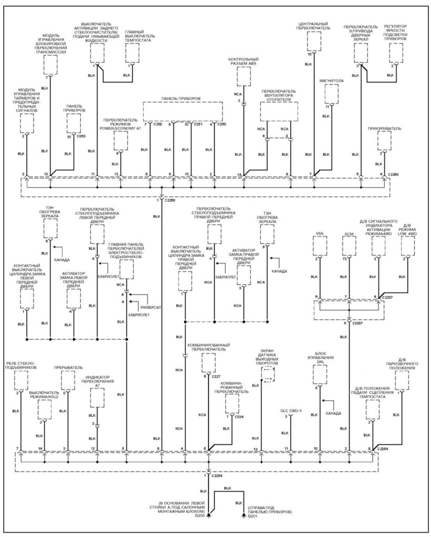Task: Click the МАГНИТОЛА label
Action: (x=331, y=81)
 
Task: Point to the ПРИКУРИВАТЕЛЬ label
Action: (x=384, y=127)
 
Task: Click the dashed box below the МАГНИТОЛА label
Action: (x=331, y=94)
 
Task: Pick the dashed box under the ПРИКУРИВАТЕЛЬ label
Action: (x=384, y=139)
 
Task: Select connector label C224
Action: (x=240, y=416)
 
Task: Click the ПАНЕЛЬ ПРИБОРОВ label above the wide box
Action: (x=182, y=98)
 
